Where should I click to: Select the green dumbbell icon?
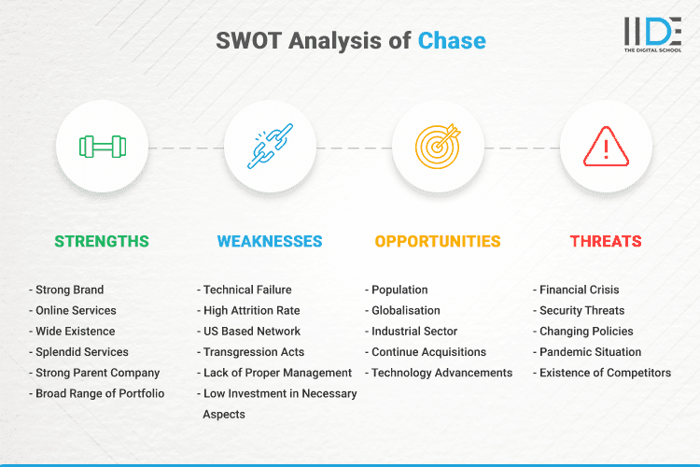coord(102,148)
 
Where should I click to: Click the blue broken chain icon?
coord(270,148)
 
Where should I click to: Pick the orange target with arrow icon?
coord(438,148)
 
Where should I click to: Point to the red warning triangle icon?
coord(606,148)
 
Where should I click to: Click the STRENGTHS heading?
coord(102,241)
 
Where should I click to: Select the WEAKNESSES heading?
coord(270,241)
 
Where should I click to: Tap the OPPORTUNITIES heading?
coord(438,241)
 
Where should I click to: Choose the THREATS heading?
coord(606,241)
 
